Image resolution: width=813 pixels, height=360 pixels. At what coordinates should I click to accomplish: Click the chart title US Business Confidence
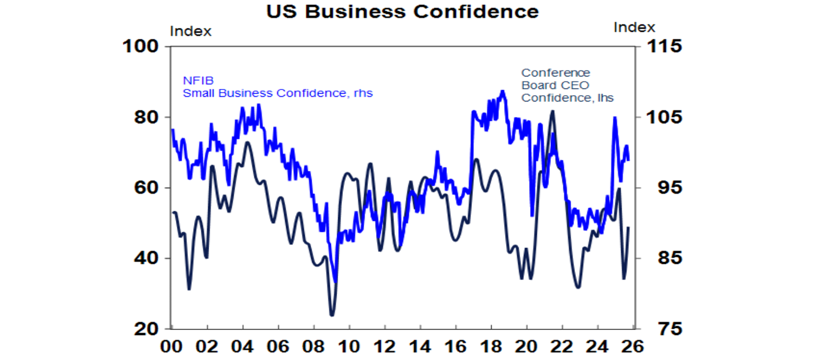402,12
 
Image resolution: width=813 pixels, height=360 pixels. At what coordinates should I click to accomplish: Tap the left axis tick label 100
140,47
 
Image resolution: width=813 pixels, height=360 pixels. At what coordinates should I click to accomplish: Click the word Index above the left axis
191,31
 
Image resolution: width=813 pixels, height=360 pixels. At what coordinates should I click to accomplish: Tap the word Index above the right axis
634,28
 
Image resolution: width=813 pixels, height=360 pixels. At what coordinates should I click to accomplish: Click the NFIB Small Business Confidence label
277,87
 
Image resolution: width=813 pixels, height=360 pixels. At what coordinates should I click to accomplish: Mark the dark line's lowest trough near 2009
332,315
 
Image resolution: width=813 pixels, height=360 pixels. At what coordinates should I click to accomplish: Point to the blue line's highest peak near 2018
502,91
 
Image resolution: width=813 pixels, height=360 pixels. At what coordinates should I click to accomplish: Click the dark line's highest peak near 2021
553,111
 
